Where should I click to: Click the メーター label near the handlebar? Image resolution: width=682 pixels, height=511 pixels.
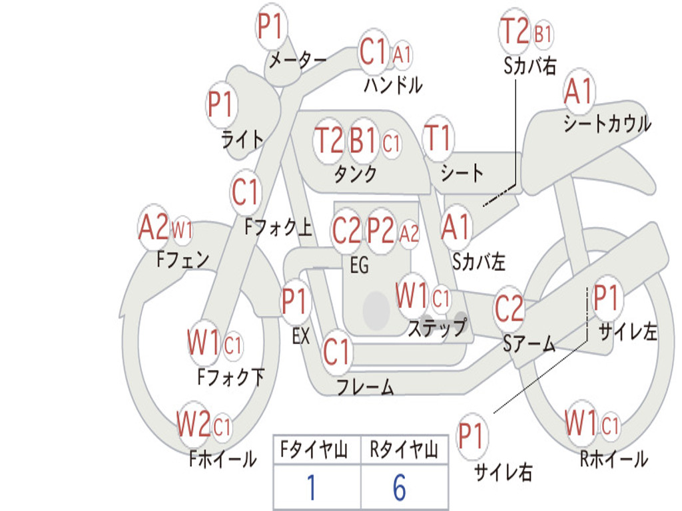pos(298,60)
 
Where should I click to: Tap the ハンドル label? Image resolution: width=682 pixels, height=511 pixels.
pos(393,85)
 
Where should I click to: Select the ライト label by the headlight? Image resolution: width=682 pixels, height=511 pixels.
pos(242,140)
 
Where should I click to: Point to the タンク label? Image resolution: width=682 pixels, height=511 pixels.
pos(355,174)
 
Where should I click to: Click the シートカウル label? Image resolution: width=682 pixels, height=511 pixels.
pos(607,123)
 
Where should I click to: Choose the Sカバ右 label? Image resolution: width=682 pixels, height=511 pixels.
pos(529,66)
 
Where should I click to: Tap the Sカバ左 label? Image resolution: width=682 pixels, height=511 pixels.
pos(478,261)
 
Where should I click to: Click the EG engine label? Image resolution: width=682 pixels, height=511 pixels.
pos(359,265)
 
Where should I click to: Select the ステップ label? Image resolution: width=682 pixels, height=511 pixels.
pos(438,327)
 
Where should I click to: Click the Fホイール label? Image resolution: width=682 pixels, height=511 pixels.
pos(222,459)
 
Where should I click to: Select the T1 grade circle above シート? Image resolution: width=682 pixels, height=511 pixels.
pos(438,138)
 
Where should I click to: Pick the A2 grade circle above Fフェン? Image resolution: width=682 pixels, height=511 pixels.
pos(154,226)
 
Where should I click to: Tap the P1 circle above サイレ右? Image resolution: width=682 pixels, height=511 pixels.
pos(472,436)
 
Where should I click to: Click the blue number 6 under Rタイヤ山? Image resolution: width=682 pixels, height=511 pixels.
pos(400,488)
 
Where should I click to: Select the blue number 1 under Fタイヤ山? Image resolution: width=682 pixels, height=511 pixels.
pos(312,488)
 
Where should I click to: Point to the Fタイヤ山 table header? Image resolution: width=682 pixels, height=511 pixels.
pos(314,450)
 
